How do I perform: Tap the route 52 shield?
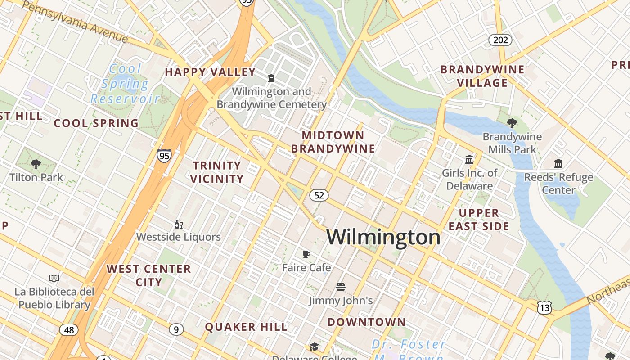319,195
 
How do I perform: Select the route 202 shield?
500,40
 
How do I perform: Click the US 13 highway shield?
544,308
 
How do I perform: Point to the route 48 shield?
68,330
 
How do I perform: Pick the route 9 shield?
176,330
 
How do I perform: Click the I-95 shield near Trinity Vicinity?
164,156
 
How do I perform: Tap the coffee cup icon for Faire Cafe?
306,255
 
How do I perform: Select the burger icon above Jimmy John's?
340,287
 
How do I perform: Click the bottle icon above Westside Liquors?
178,224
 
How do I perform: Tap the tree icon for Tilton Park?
36,164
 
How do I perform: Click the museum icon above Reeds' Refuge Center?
558,164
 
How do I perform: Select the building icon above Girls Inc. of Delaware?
469,159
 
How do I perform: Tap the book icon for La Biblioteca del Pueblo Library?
54,278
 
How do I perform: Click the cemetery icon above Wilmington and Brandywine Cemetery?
271,78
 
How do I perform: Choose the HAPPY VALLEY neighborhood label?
210,72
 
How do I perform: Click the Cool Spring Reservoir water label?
125,84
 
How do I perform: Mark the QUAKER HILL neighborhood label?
246,327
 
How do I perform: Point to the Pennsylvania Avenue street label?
74,21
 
